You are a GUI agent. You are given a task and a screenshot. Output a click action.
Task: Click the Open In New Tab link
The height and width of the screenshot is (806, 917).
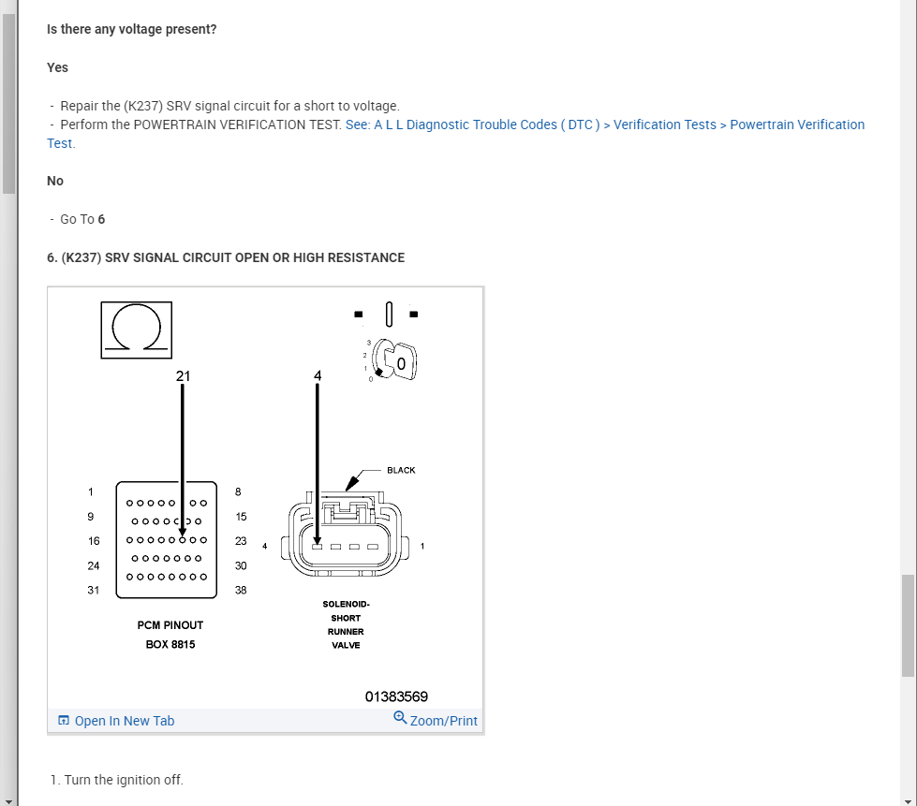click(116, 721)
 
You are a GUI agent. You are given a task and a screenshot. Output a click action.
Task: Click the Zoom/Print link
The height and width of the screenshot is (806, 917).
click(436, 720)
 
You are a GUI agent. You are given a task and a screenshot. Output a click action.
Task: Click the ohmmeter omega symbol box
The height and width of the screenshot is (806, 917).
click(137, 330)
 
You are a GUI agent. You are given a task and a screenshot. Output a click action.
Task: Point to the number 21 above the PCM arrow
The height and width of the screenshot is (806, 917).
click(183, 375)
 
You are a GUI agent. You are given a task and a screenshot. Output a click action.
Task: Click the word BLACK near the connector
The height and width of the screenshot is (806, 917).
click(401, 470)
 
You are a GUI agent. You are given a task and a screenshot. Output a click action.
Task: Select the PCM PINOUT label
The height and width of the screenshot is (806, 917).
click(170, 625)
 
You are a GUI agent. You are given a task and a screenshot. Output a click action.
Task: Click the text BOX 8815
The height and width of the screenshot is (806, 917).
click(170, 645)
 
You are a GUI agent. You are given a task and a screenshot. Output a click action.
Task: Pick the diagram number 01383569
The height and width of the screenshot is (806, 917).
click(396, 696)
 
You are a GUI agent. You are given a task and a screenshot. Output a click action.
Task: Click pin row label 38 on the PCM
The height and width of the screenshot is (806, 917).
click(241, 591)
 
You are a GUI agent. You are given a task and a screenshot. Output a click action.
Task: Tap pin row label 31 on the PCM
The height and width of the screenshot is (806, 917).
click(93, 591)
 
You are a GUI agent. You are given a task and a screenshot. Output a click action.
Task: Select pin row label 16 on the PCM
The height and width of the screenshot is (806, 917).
click(93, 541)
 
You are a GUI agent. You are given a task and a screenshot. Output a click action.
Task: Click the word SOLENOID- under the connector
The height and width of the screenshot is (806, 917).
click(346, 604)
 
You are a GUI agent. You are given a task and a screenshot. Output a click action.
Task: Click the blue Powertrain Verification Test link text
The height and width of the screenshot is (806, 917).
click(604, 125)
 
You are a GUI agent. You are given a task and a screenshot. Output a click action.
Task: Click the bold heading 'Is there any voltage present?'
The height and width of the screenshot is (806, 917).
click(131, 29)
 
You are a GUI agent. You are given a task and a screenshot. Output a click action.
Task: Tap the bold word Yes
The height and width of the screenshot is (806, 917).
click(57, 67)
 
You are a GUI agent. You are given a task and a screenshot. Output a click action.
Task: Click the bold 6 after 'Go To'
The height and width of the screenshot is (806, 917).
click(101, 219)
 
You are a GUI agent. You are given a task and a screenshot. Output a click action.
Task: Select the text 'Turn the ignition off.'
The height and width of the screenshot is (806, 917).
click(124, 780)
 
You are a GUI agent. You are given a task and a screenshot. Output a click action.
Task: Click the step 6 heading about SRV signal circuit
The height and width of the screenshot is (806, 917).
click(226, 257)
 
